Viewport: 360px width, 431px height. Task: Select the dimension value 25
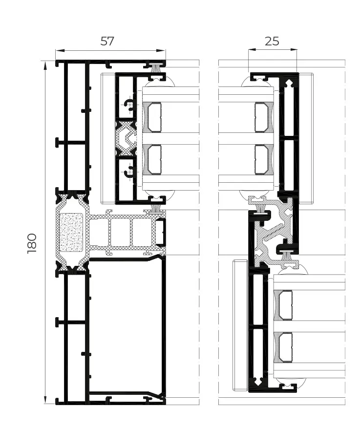pos(272,41)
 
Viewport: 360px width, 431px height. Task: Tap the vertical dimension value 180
pos(32,243)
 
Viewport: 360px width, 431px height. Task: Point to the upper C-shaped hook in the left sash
pos(129,104)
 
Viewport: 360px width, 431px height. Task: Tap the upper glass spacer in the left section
pos(154,117)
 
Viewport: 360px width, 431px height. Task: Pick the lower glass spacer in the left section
pos(154,160)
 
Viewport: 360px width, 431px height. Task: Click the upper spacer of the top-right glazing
pos(262,117)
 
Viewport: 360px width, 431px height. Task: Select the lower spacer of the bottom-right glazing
pos(284,347)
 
